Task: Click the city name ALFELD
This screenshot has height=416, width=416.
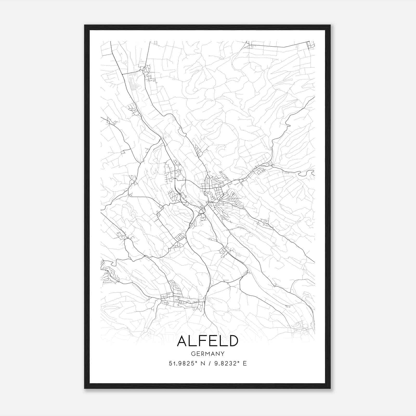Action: (x=207, y=341)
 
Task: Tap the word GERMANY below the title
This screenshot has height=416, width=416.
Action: (x=207, y=354)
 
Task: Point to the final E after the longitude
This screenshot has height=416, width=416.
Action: (x=245, y=363)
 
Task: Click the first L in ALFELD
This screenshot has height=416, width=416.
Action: (x=194, y=341)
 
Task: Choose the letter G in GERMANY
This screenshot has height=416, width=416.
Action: (x=193, y=354)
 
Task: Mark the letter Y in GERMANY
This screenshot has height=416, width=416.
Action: (x=223, y=354)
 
